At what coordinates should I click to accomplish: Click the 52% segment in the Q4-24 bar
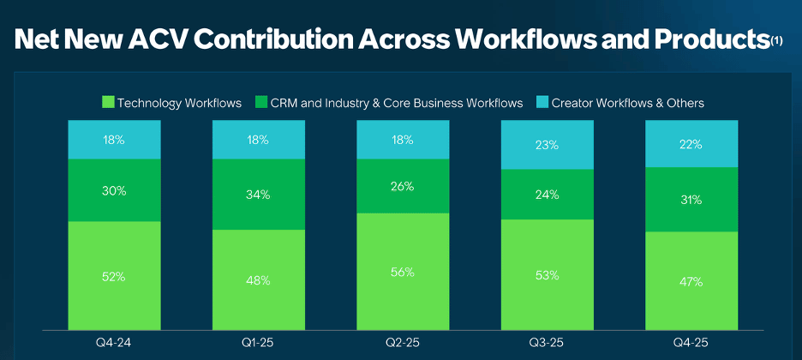coord(114,276)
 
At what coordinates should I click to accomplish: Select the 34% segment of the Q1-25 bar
coord(258,195)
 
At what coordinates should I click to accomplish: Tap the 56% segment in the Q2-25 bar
coord(403,272)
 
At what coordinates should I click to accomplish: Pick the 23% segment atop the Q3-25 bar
coord(548,145)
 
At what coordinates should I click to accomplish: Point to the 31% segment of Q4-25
coord(691,200)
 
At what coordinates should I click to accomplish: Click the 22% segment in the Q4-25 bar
coord(691,144)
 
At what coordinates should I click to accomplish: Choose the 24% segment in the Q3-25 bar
coord(548,195)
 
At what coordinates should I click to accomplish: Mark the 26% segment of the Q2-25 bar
coord(403,186)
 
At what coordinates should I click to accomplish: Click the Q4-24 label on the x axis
coord(115,343)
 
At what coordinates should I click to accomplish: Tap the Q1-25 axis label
coord(259,343)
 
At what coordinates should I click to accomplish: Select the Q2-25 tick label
coord(403,343)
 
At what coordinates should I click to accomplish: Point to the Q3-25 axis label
coord(548,343)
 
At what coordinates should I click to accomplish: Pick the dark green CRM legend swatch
coord(260,102)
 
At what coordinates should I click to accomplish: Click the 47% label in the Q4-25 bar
coord(691,281)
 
